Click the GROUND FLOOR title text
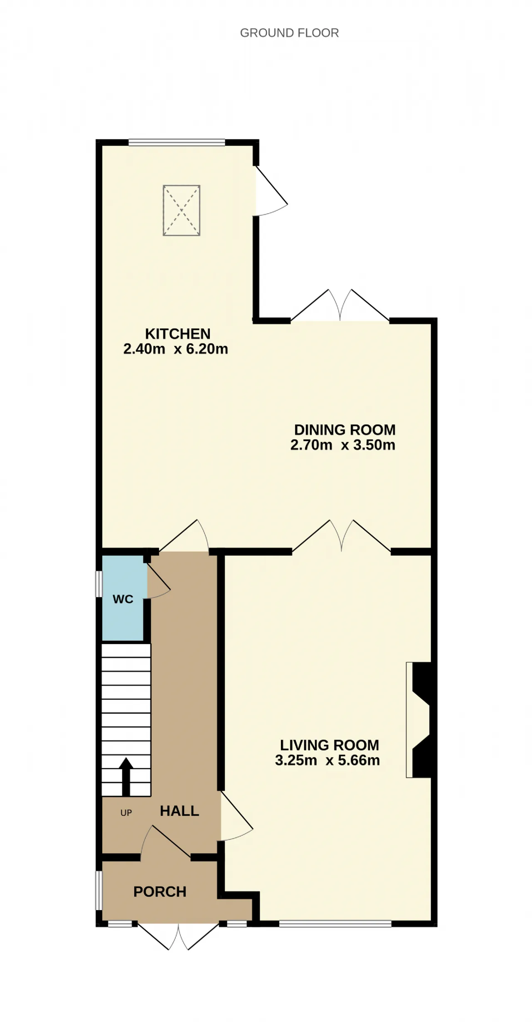click(289, 33)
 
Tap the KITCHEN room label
click(177, 333)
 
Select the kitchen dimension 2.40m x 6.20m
click(176, 349)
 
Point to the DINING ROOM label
click(345, 430)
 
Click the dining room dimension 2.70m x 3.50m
click(342, 445)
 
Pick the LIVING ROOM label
click(330, 745)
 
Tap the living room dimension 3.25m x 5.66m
click(328, 760)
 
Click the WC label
click(123, 599)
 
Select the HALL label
click(180, 811)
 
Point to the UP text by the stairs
click(126, 813)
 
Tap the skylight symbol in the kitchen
click(182, 211)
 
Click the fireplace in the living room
click(419, 720)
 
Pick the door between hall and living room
click(236, 817)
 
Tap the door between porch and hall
click(165, 842)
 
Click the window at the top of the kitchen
click(177, 143)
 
